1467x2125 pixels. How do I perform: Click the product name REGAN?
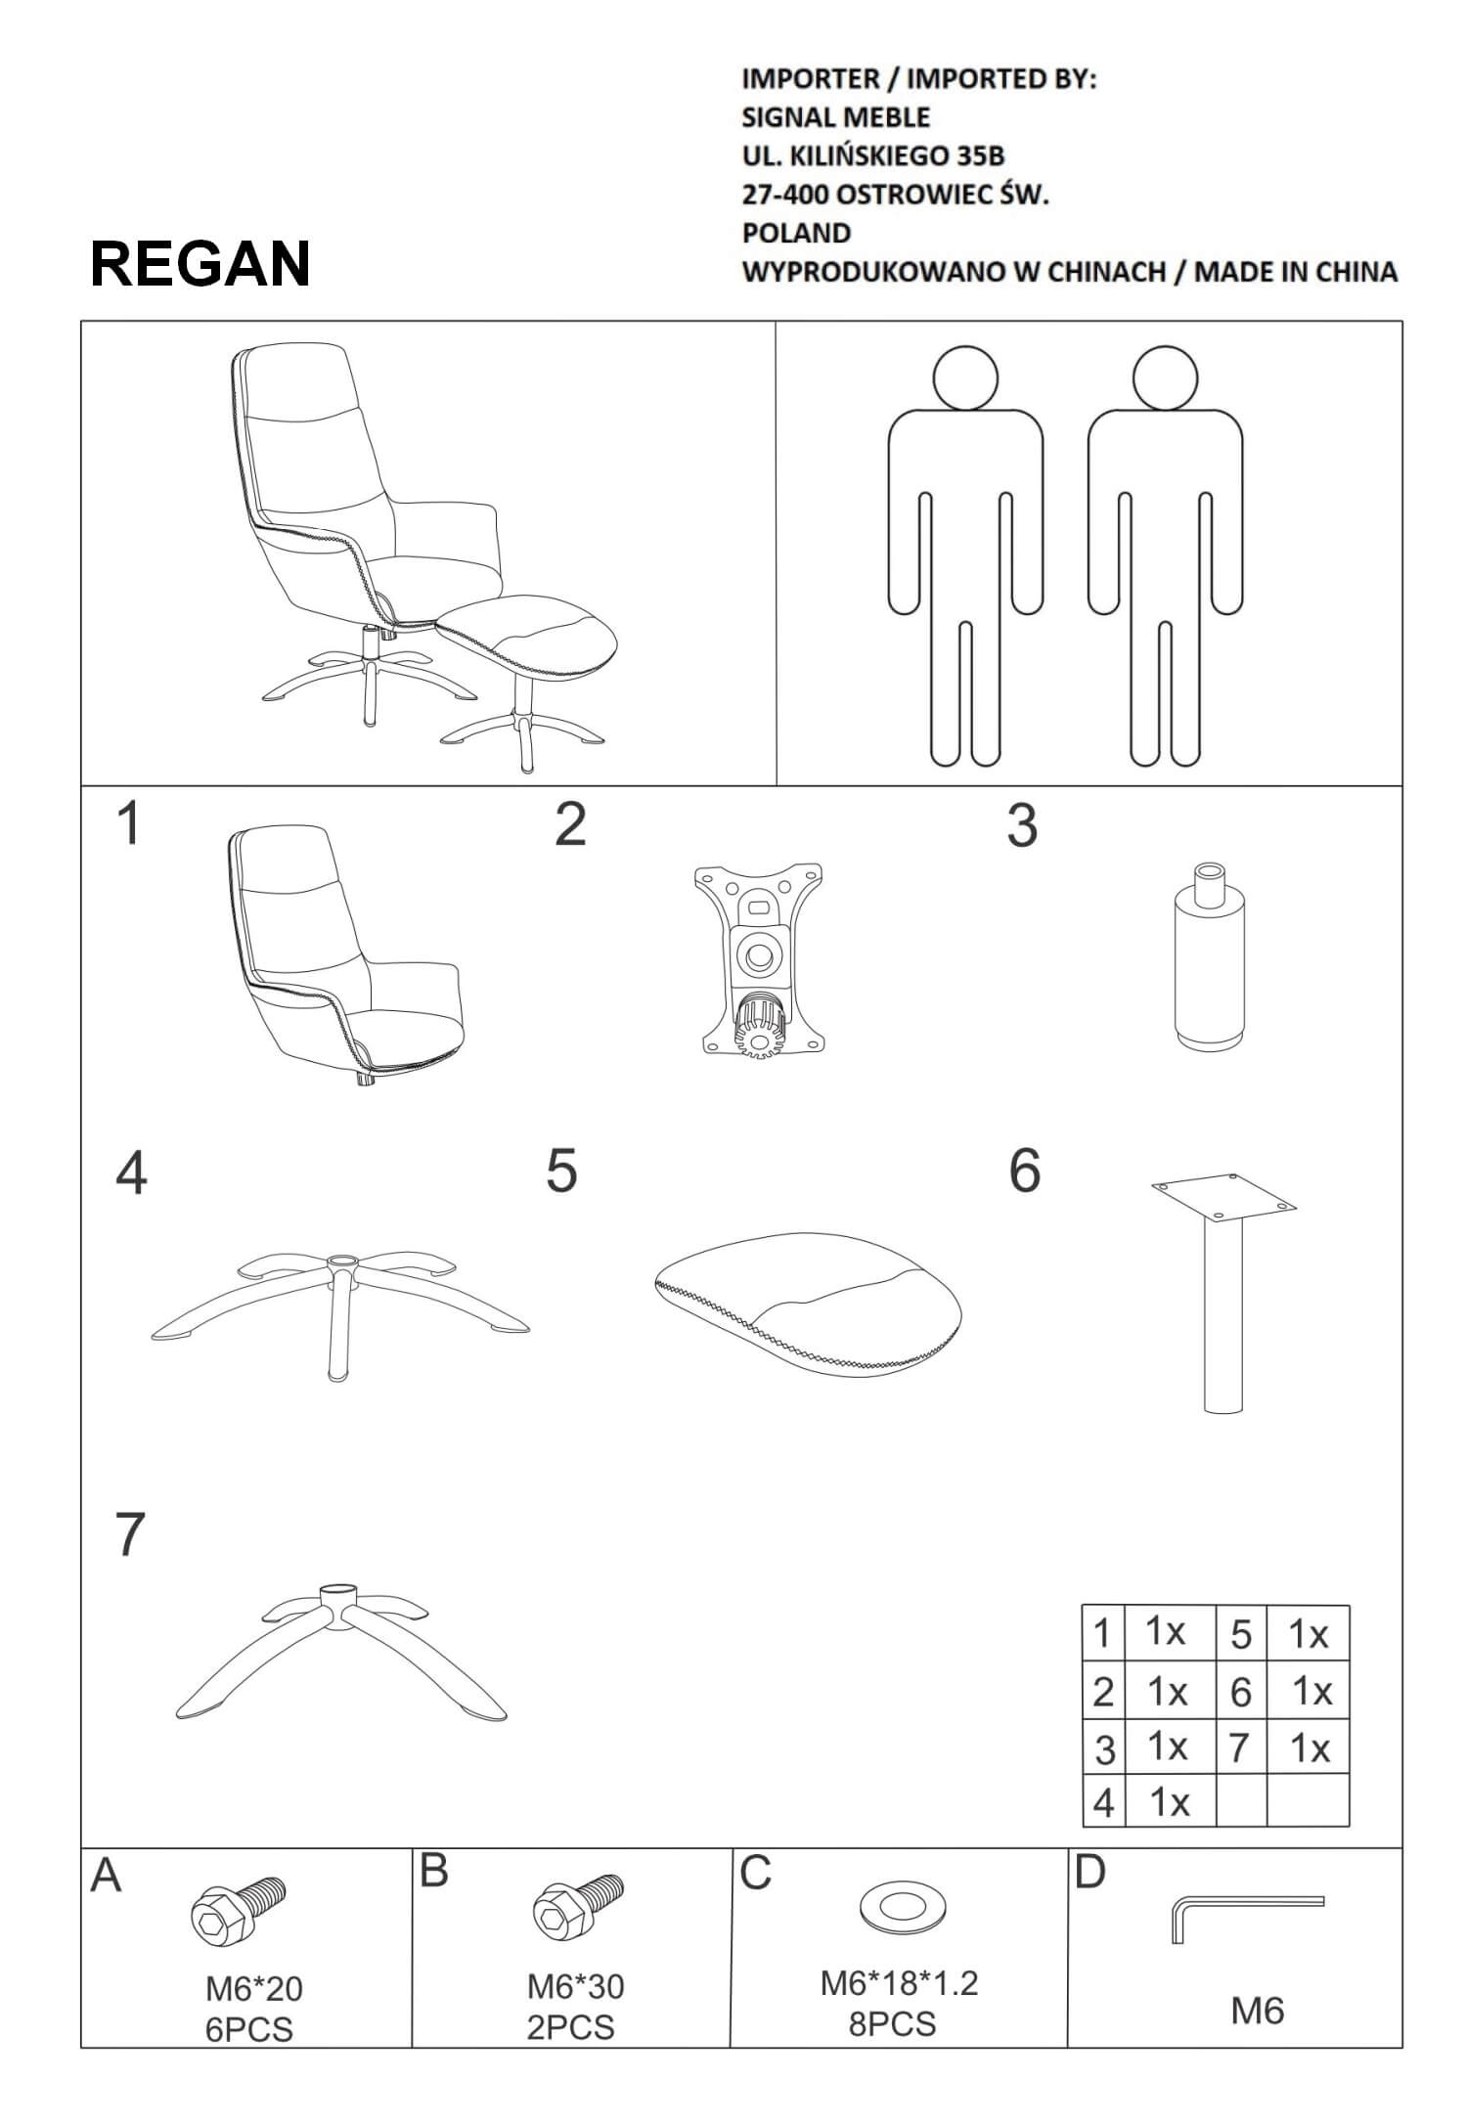200,263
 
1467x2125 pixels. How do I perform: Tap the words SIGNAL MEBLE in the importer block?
835,117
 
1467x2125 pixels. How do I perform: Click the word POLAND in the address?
796,233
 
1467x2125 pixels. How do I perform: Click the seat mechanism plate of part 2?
758,959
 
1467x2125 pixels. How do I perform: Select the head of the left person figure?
965,377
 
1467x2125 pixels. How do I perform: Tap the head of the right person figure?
1165,377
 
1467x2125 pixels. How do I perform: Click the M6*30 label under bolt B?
575,1986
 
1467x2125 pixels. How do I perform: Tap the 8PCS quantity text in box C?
892,2023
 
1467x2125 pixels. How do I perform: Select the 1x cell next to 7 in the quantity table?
1309,1748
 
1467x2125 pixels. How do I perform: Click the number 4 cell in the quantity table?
1104,1801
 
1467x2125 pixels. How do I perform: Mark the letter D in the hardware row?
1089,1872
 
